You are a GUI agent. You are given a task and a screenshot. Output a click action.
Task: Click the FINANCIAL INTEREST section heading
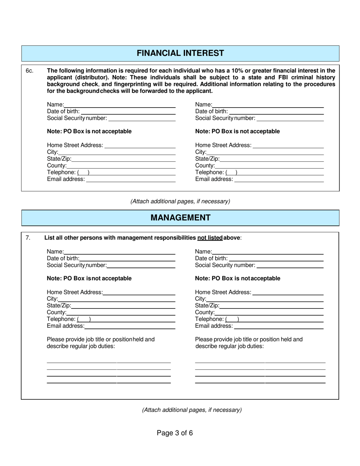click(180, 53)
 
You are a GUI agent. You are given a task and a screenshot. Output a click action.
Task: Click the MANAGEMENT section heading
click(180, 217)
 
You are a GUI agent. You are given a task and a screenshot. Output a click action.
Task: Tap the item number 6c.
click(30, 70)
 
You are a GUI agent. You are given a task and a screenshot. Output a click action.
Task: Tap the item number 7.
click(28, 238)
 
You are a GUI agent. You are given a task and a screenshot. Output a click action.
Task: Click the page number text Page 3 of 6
click(175, 433)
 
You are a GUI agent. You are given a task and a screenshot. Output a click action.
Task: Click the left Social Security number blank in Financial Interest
click(142, 119)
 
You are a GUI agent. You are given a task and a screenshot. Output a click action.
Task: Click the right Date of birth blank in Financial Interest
click(277, 112)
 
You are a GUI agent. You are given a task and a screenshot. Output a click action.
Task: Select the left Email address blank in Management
click(130, 327)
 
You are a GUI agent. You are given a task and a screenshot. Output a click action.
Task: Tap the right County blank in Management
click(269, 313)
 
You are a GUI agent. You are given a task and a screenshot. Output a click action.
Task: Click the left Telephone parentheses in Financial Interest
click(83, 173)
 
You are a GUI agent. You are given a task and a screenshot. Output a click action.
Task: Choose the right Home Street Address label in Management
click(223, 292)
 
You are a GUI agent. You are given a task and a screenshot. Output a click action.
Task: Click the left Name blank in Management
click(119, 252)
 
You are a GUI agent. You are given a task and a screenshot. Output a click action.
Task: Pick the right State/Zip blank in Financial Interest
click(272, 159)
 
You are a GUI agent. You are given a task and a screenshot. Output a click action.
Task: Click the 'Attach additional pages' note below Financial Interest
click(180, 201)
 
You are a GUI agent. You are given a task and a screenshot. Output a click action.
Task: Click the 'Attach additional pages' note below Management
click(192, 410)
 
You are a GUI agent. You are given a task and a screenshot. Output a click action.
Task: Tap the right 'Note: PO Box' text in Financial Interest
click(237, 131)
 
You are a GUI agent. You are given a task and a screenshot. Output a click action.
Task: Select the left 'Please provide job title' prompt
click(100, 339)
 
